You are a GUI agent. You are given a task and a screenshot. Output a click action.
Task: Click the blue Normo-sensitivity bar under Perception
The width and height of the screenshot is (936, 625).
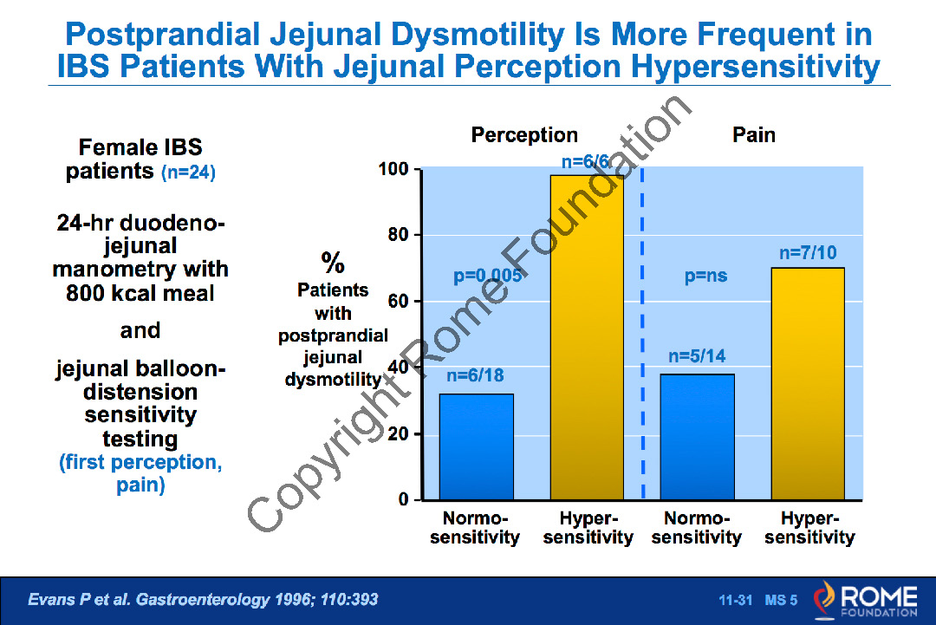point(476,446)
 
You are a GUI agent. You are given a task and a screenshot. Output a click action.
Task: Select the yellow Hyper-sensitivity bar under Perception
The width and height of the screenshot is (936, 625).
point(587,338)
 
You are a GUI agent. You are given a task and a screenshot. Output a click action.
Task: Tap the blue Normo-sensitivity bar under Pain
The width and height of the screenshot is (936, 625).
point(698,437)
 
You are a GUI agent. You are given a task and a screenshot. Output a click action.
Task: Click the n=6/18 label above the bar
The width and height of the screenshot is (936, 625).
point(475,376)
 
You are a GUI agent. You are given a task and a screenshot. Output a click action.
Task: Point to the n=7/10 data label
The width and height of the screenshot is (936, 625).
point(808,253)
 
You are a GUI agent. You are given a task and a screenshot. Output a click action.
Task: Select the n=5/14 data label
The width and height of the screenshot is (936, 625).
point(698,355)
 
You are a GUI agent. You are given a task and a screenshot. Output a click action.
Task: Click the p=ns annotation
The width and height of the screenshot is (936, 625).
point(705,277)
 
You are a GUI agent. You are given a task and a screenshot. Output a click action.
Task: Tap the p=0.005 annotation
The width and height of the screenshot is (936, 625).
point(487,277)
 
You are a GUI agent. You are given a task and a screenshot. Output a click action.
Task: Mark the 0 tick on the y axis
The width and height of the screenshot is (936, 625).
point(404,500)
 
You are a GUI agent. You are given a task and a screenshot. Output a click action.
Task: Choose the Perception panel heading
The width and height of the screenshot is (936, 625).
point(524,135)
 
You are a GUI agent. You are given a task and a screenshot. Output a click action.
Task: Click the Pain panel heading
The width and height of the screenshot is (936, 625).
point(753,135)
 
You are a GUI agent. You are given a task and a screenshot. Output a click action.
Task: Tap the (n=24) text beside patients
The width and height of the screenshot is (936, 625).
point(188,173)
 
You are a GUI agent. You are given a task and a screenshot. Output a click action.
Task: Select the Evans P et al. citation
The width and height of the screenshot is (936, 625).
point(204,600)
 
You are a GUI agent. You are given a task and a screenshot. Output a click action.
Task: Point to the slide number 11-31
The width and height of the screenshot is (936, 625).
point(735,601)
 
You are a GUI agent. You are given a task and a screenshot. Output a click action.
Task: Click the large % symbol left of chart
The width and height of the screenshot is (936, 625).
point(333,263)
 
